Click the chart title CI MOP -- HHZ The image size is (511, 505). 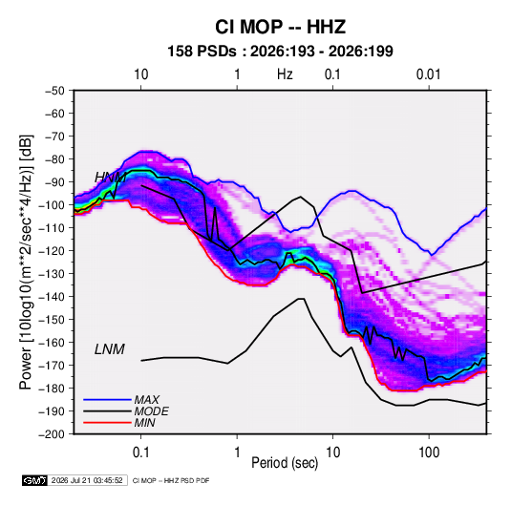coord(280,27)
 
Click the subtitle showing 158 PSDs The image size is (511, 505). coord(280,52)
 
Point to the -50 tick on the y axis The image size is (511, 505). coord(55,91)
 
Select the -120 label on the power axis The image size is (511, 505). coord(52,251)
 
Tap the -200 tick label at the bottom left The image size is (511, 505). coord(52,434)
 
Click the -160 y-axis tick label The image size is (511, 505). coord(52,343)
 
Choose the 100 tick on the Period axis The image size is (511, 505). coord(429,452)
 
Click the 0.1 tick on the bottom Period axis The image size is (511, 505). coord(140,452)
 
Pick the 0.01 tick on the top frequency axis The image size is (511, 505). coord(429,74)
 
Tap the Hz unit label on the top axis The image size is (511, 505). coord(285,74)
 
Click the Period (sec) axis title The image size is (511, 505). coord(285,463)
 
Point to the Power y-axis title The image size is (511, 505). coord(26,262)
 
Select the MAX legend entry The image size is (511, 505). coord(147,400)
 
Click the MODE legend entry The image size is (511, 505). coord(151,411)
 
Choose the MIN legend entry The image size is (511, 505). coord(144,423)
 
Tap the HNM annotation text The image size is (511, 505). coord(110,178)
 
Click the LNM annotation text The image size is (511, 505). coord(110,349)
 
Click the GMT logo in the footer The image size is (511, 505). coord(35,480)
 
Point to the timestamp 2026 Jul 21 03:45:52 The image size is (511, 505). coord(87,480)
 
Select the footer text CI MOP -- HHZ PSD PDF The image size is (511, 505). coord(171,480)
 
